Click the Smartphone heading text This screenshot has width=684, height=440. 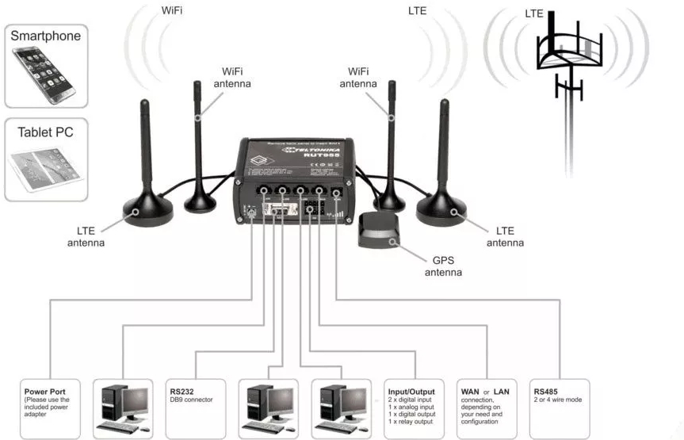pos(45,36)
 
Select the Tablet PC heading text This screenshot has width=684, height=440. pos(45,132)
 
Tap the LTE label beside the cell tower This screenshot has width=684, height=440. pos(535,13)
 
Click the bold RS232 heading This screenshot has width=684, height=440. pos(182,391)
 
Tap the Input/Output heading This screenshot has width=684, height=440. pos(411,391)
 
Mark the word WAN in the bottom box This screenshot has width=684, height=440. pos(472,391)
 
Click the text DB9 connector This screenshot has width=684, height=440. pos(192,400)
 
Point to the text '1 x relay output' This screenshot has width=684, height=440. pos(412,422)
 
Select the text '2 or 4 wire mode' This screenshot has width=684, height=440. pos(558,400)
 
